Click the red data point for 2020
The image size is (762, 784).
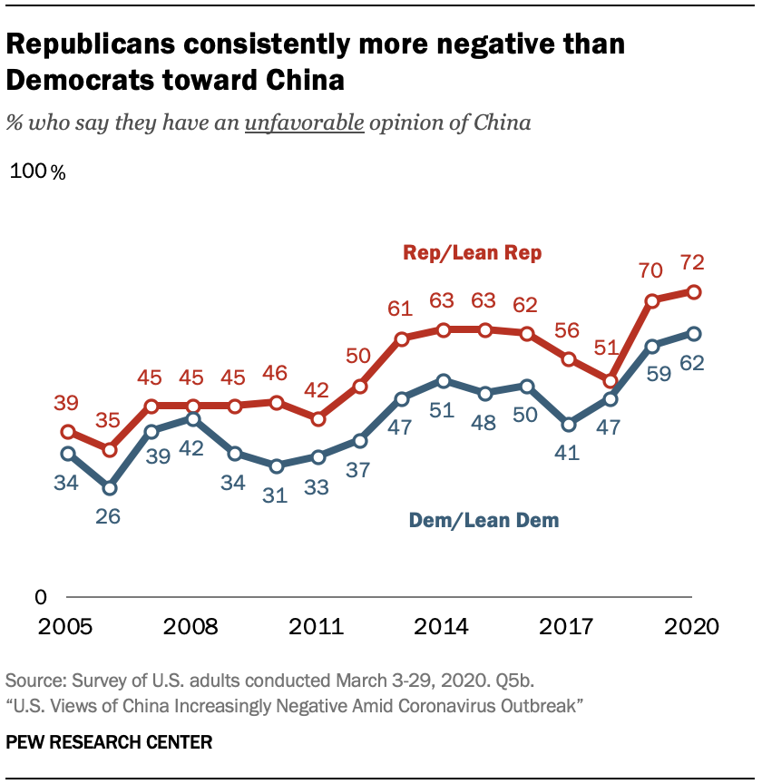(693, 291)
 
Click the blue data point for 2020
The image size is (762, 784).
(693, 333)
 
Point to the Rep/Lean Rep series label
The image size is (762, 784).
(473, 253)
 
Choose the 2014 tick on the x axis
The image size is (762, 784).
(443, 627)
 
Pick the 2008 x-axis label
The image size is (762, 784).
(193, 627)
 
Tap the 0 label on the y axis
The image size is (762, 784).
(40, 597)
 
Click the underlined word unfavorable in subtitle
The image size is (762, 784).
(304, 122)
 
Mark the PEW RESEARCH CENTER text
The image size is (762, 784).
(109, 742)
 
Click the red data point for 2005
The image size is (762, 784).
(68, 432)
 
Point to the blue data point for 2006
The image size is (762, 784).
(110, 488)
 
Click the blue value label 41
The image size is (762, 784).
(568, 452)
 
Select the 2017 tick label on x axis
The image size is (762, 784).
(568, 627)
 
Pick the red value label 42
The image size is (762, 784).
(317, 390)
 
